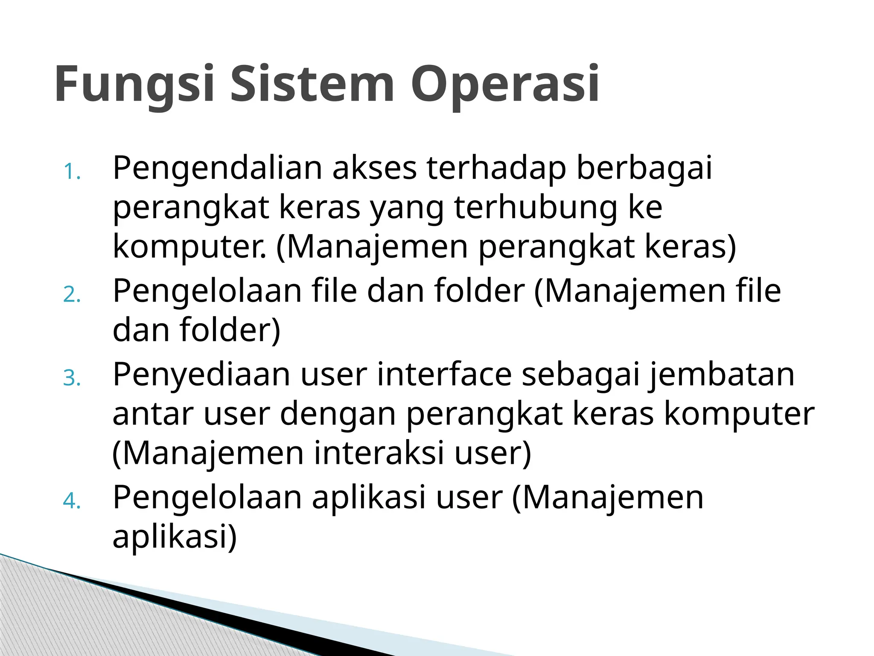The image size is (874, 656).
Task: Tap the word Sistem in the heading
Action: pos(312,84)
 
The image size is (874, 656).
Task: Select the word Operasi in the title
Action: pos(505,85)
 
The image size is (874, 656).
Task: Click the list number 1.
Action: pos(72,172)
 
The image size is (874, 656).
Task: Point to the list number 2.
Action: pos(72,295)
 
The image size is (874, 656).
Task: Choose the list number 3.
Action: pos(72,378)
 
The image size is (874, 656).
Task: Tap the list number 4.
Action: pos(72,501)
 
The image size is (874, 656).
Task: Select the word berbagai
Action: pos(644,169)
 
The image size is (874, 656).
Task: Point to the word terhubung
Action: pos(536,208)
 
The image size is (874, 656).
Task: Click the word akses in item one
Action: pos(374,169)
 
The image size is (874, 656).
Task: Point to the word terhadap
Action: pos(496,169)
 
